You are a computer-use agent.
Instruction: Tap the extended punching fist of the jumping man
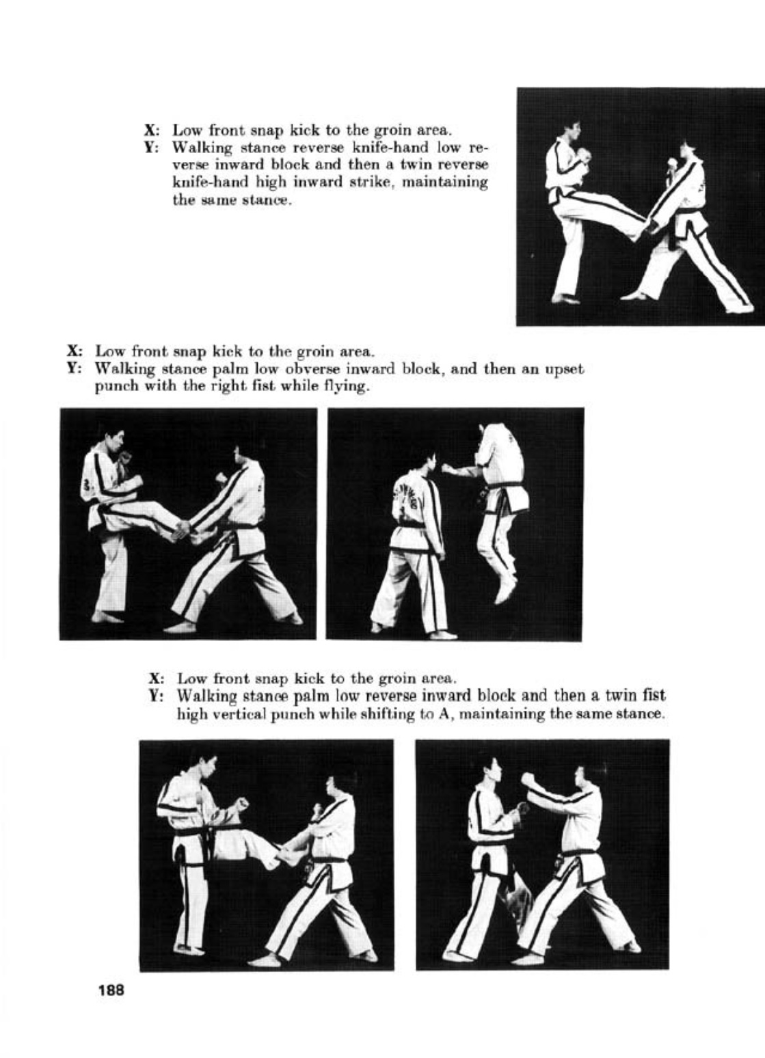(447, 469)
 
